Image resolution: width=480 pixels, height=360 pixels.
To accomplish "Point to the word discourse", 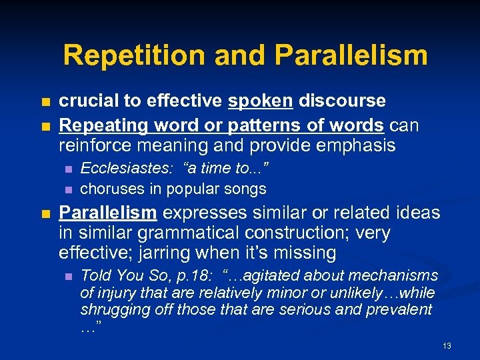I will tap(342, 101).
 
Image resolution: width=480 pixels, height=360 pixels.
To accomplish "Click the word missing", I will tap(305, 253).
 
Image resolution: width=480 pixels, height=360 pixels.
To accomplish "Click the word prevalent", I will tap(403, 310).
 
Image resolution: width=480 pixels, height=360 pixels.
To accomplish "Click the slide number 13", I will tap(447, 346).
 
